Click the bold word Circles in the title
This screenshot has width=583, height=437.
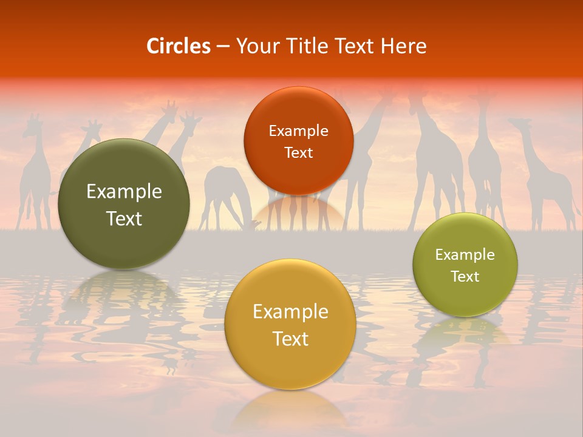tap(179, 46)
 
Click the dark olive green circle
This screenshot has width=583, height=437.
tap(124, 204)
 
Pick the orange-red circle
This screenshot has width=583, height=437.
tap(298, 141)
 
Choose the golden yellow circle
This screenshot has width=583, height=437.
tap(290, 324)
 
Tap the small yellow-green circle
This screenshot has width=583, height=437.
tap(465, 265)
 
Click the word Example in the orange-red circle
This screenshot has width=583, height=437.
tap(298, 130)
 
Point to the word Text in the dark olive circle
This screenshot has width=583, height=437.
tap(124, 218)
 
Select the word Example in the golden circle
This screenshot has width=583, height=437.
tap(290, 312)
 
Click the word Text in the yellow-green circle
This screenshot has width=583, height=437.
tap(465, 277)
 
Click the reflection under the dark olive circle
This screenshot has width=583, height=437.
tap(124, 291)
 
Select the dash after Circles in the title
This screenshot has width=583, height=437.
tap(223, 46)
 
